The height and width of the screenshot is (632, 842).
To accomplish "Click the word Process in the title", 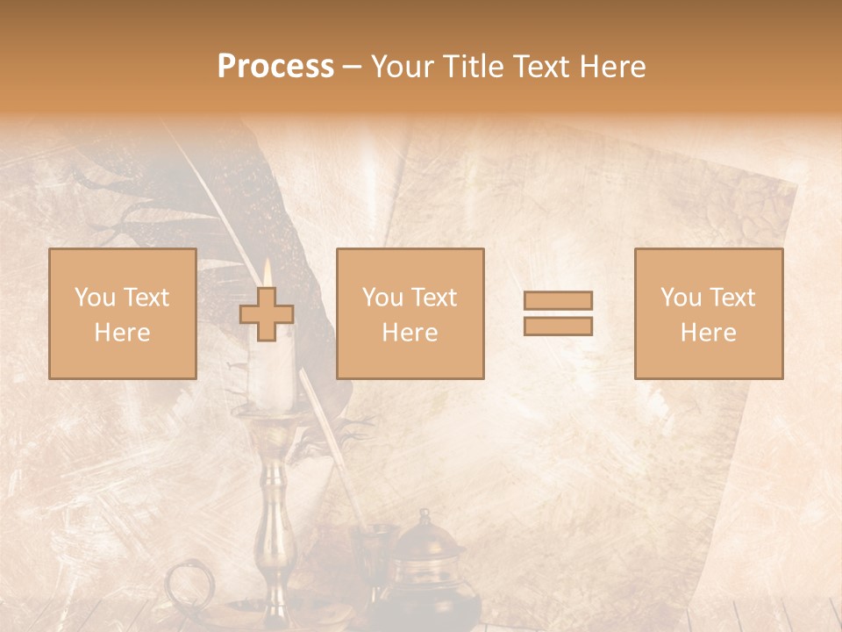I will [275, 67].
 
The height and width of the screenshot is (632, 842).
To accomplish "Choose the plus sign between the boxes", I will [267, 314].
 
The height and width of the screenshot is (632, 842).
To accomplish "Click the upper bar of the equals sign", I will [558, 300].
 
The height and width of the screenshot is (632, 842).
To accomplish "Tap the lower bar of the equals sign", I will [558, 327].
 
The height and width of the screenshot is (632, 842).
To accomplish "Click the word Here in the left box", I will [122, 333].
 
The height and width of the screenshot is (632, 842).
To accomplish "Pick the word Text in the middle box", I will [433, 298].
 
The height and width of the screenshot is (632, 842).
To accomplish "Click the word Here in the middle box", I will [410, 333].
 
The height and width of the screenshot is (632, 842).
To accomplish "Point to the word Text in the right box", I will [731, 298].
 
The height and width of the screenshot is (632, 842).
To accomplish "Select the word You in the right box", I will [680, 298].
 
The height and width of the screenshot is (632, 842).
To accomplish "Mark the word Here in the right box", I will [708, 333].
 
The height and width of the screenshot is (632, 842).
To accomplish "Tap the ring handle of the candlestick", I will [186, 583].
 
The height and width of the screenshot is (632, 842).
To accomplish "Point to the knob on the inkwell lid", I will [424, 516].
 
